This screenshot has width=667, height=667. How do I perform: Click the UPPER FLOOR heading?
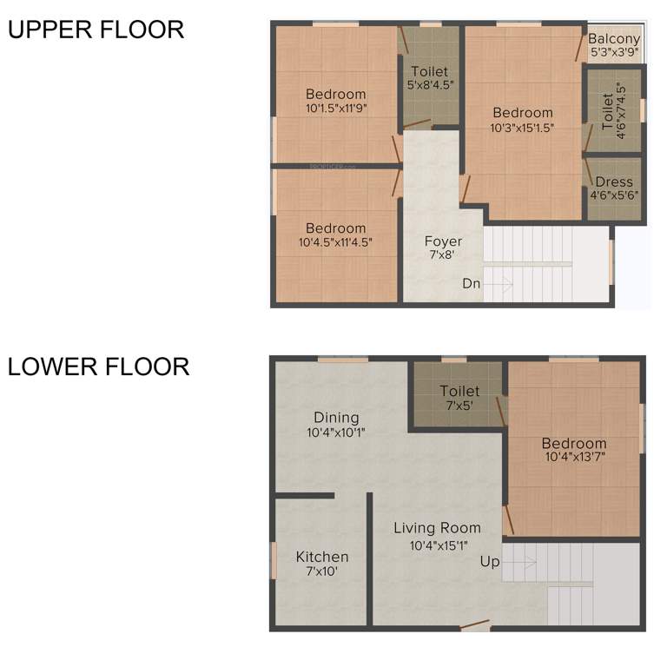click(96, 30)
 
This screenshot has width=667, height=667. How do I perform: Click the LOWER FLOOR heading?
click(99, 367)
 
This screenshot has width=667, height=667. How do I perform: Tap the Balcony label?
click(614, 39)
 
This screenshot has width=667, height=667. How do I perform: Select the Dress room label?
click(614, 182)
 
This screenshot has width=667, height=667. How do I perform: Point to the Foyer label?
click(443, 241)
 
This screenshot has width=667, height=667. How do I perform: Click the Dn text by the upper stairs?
click(471, 284)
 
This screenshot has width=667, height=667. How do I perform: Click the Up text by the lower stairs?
click(490, 562)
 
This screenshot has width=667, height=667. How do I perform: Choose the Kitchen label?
click(322, 557)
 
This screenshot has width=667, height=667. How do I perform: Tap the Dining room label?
click(336, 418)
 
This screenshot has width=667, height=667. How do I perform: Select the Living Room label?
click(437, 527)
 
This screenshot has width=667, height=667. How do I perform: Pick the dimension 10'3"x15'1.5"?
click(523, 127)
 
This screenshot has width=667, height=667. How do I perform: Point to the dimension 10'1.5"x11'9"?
click(336, 109)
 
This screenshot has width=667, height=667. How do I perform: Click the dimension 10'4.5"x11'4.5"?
click(335, 243)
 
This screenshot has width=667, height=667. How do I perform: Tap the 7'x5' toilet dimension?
click(459, 406)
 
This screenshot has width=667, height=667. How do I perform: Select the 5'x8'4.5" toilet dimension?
click(430, 85)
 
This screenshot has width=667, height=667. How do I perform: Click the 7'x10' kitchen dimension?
click(322, 572)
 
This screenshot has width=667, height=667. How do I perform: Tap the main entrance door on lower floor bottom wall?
click(475, 625)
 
